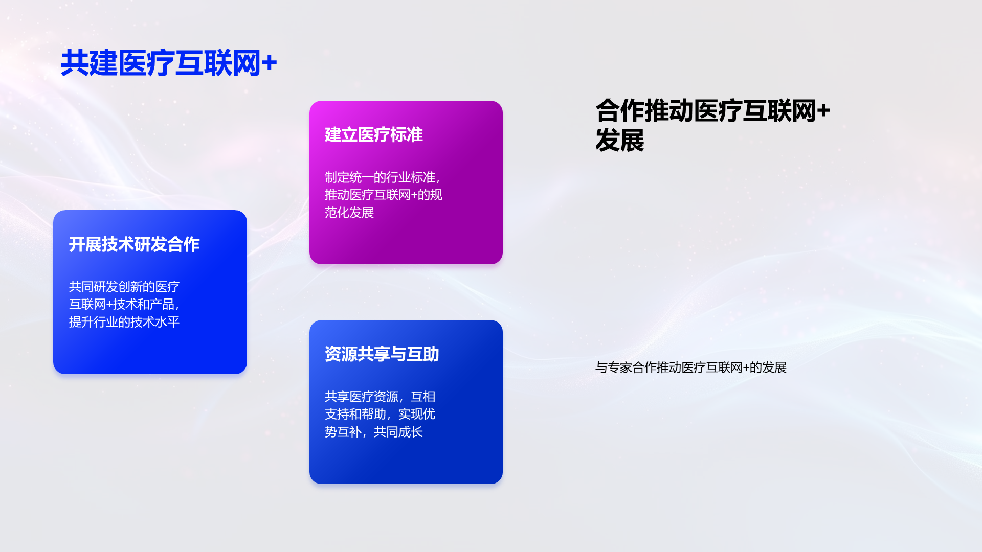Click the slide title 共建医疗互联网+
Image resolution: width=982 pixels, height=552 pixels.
coord(169,63)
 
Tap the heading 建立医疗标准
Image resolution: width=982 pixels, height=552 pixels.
coord(374,135)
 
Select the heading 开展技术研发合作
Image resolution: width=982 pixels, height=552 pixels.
coord(134,244)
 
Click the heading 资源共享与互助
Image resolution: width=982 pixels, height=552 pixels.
coord(382,354)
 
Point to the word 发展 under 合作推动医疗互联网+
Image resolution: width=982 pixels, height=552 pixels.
coord(620,141)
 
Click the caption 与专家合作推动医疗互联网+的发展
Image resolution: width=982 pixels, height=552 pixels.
coord(691,367)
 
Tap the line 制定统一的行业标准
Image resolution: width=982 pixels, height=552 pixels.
coord(383,177)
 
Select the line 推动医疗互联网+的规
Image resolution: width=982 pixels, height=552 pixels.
coord(384,195)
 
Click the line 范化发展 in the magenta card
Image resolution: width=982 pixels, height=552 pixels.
coord(349,213)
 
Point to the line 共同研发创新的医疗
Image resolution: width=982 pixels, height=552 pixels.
coord(124,287)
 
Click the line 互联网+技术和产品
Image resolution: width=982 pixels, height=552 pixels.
coord(124,304)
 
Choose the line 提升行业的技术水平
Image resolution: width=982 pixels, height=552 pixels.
coord(124,322)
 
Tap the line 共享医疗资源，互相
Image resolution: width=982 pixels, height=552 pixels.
coord(380,397)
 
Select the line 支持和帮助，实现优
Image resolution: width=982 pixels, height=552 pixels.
coord(380,414)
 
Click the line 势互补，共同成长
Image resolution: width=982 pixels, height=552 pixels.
coord(374,432)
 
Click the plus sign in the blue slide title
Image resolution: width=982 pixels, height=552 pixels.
coord(269,63)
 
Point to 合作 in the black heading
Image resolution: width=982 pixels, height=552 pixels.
coord(620,111)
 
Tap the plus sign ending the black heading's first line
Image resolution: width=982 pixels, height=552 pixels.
coord(823,111)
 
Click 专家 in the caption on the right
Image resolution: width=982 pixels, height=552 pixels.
coord(620,367)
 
